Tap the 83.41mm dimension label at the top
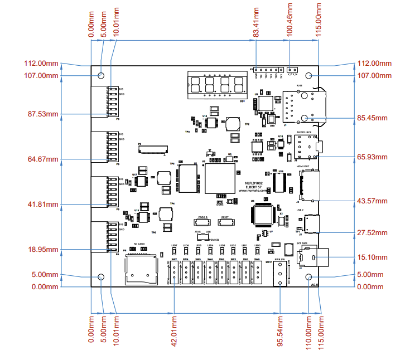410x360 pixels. (x=255, y=21)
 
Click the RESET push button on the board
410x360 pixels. (x=225, y=222)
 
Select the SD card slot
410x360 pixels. (x=139, y=267)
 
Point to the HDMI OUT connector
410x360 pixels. (x=309, y=186)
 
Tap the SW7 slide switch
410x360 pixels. (x=174, y=271)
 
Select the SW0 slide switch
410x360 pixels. (x=257, y=271)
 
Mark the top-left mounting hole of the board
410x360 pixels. (x=101, y=75)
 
